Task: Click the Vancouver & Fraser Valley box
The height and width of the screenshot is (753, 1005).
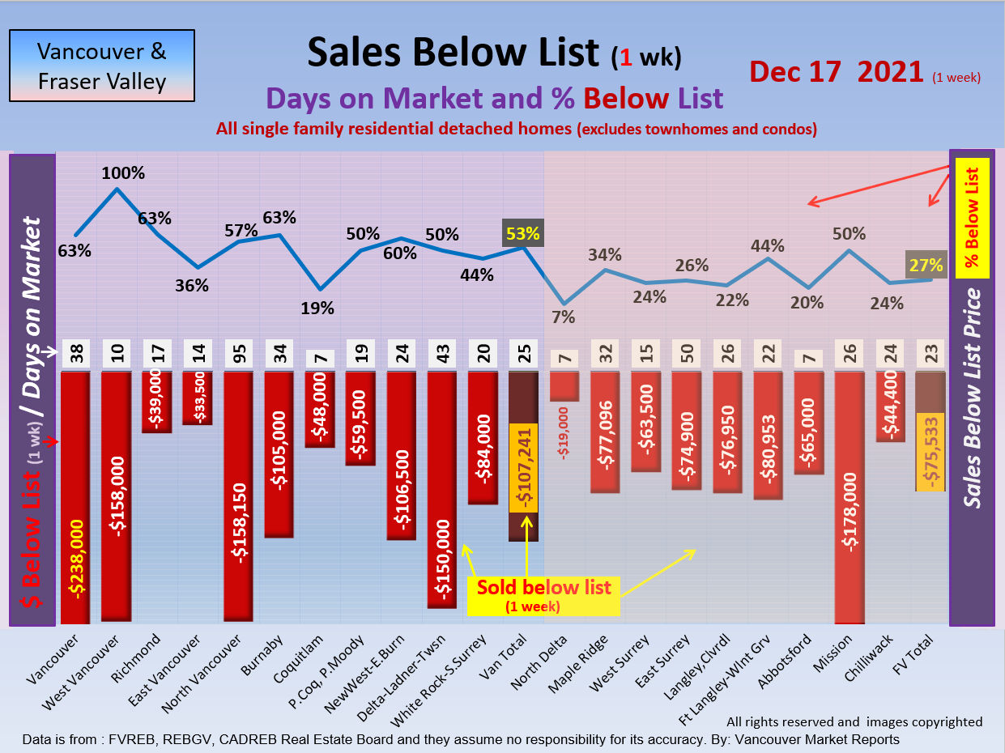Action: coord(101,66)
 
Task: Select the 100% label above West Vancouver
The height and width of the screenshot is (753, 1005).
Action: coord(123,172)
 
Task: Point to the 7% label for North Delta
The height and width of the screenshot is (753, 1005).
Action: coord(563,317)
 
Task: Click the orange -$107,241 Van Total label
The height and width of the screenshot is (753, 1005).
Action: coord(524,467)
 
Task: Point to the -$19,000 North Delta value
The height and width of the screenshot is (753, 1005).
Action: coord(564,434)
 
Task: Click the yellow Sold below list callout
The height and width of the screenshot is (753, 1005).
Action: coord(543,593)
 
